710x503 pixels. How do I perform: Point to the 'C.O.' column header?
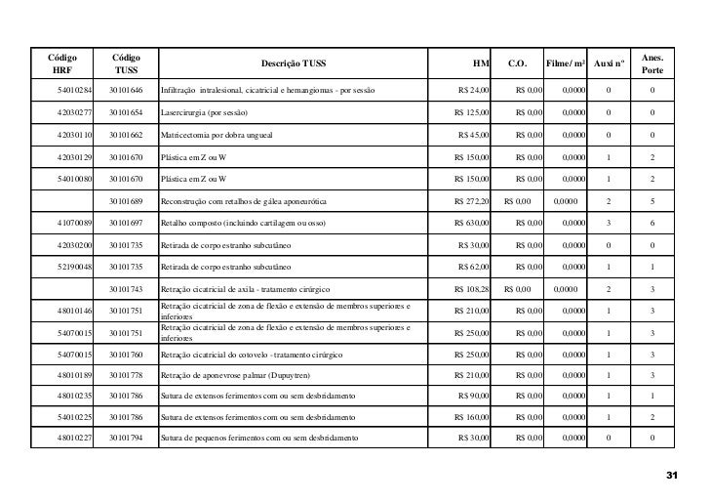point(518,62)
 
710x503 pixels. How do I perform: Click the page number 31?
point(670,475)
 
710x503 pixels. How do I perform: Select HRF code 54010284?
point(74,91)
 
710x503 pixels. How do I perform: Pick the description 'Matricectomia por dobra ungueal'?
point(217,135)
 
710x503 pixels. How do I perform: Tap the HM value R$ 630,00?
point(473,223)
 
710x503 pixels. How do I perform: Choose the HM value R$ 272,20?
point(473,201)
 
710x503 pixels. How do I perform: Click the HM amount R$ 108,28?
point(473,289)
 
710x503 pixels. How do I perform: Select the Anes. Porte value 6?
point(651,223)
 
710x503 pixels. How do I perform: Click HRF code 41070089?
point(74,223)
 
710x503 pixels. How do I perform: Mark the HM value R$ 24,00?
point(474,91)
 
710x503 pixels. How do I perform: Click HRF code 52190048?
point(74,267)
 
